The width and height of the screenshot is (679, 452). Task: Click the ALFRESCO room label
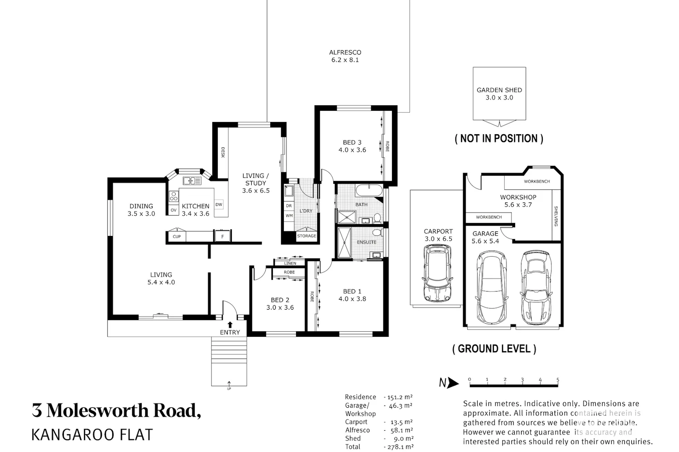click(x=345, y=52)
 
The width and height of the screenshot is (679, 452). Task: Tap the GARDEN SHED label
click(x=499, y=90)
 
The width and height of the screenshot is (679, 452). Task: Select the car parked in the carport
click(x=437, y=273)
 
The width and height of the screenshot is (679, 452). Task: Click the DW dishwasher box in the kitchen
click(x=219, y=204)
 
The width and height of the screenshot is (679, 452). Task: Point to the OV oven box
click(x=174, y=210)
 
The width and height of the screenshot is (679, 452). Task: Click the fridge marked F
click(x=223, y=236)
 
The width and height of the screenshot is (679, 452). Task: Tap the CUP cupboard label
click(x=177, y=236)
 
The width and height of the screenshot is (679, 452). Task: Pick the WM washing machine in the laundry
click(x=289, y=216)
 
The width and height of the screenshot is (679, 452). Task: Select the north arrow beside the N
click(x=453, y=383)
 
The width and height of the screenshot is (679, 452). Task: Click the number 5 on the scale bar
click(x=557, y=379)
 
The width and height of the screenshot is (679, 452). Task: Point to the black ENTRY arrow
click(x=230, y=325)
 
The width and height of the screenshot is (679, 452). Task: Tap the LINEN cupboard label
click(x=290, y=264)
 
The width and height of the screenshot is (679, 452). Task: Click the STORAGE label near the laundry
click(x=306, y=236)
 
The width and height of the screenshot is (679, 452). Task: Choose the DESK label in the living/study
click(x=223, y=152)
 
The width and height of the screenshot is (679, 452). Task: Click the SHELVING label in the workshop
click(x=556, y=216)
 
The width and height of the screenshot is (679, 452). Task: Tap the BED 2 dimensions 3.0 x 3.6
click(x=280, y=308)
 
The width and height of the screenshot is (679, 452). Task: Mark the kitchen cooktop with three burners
click(x=174, y=196)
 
